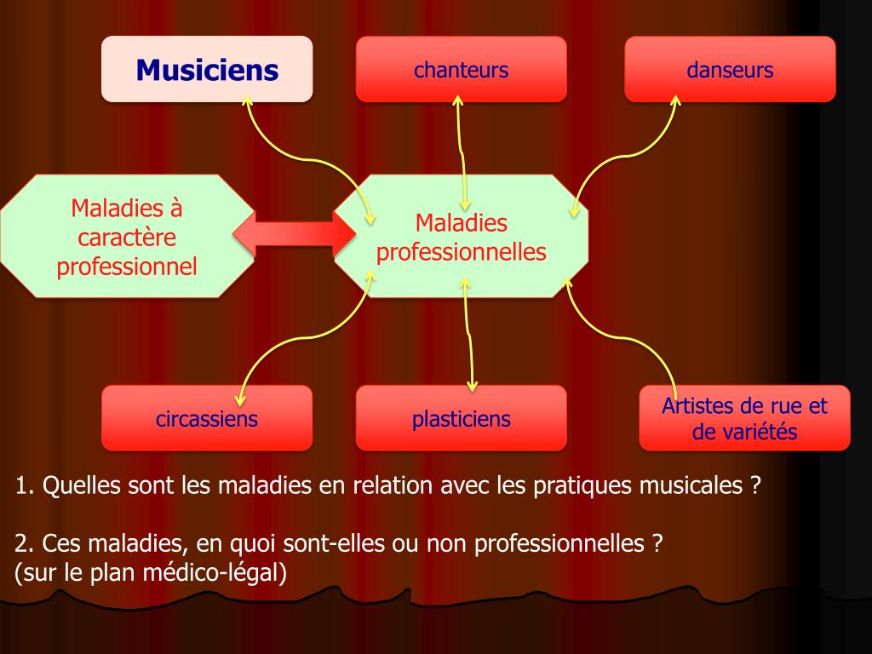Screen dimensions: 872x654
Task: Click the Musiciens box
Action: tap(207, 69)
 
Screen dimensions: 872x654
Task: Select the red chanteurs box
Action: tap(461, 69)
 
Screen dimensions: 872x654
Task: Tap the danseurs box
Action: tap(730, 69)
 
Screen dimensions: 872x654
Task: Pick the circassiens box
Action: tap(207, 418)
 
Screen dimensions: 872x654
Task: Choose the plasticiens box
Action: tap(461, 418)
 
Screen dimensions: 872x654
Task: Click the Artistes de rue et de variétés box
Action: tap(744, 418)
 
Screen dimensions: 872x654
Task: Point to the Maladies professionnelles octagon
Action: tap(461, 237)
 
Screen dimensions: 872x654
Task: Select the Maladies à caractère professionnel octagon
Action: tap(127, 237)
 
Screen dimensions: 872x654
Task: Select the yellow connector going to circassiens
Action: tap(290, 341)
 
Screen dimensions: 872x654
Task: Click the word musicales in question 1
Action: tap(698, 486)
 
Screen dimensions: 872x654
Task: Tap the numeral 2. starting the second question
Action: tap(25, 542)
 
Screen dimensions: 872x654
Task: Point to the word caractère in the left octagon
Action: tap(126, 238)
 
